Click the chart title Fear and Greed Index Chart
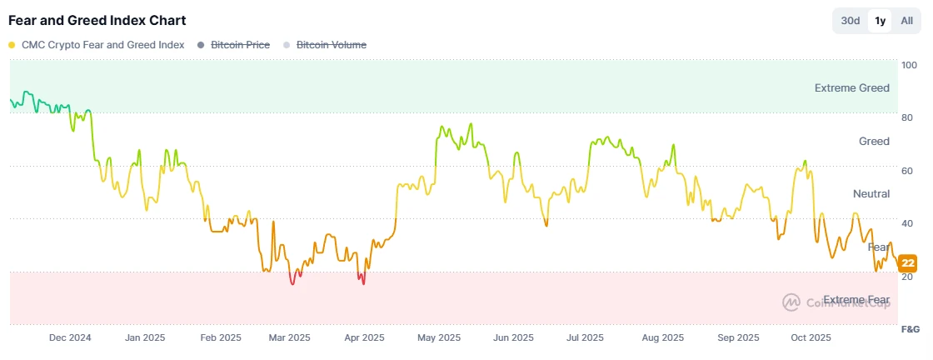pos(97,20)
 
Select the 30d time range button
pos(851,21)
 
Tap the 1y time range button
pos(880,21)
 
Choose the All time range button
pos(907,21)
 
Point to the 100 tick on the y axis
pos(909,64)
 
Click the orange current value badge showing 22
pos(908,263)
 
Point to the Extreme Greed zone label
pos(851,87)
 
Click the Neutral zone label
pos(871,193)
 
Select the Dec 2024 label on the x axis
pos(70,337)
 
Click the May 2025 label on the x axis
pos(438,337)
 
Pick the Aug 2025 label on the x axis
pos(663,337)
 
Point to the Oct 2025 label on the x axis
pos(811,337)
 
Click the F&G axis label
pos(911,330)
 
